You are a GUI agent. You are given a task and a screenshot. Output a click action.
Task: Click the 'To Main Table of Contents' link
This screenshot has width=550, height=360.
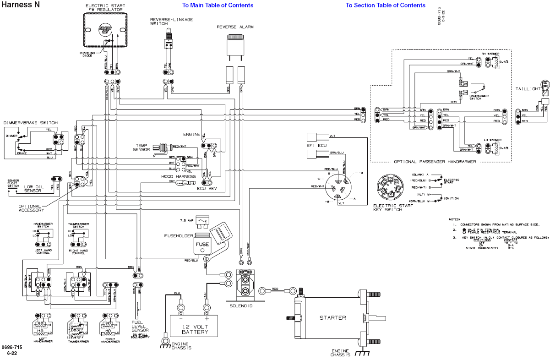(x=218, y=5)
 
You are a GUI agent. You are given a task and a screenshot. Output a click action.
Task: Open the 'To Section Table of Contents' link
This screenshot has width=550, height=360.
(x=385, y=5)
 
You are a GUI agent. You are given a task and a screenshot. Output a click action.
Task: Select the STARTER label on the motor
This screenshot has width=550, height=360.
(x=332, y=318)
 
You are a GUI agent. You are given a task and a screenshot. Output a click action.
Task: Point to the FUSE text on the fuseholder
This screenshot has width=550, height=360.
(x=202, y=244)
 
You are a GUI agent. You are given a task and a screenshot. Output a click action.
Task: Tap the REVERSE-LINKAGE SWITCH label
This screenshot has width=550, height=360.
(x=171, y=22)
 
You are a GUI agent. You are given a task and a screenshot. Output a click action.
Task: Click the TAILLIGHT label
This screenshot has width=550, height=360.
(x=527, y=88)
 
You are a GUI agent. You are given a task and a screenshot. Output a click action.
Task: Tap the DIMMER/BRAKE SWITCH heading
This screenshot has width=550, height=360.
(x=30, y=123)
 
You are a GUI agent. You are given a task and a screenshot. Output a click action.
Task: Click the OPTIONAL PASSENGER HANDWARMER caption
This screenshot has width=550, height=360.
(x=435, y=162)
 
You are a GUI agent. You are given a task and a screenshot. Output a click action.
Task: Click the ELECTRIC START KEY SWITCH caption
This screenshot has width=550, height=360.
(x=393, y=207)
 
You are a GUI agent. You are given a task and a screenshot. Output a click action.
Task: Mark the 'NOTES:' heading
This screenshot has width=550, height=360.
(x=455, y=219)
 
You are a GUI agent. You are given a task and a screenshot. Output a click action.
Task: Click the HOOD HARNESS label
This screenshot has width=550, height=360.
(x=178, y=176)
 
